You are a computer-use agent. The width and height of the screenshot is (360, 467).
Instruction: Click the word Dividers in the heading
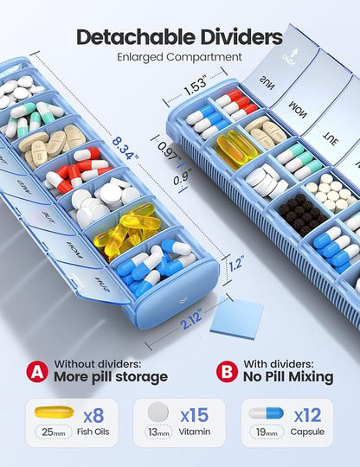click(x=238, y=37)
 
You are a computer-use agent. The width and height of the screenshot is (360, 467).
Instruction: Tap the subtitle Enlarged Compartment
click(x=180, y=57)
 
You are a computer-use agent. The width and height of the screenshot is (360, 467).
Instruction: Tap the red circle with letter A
click(x=35, y=371)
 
